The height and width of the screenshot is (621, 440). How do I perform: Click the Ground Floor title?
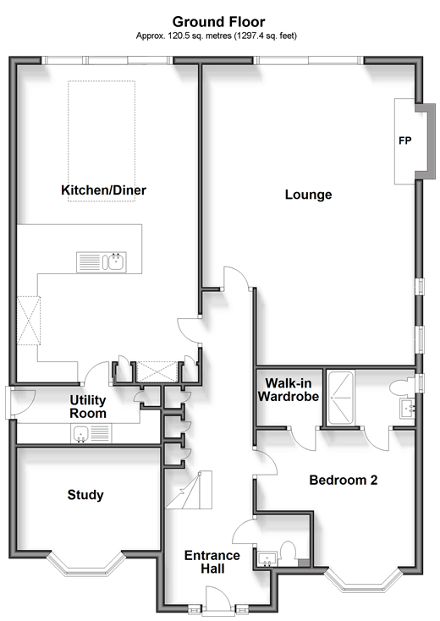point(218,21)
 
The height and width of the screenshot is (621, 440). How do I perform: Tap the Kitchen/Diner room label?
point(103,190)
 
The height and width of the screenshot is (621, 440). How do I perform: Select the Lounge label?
point(308,195)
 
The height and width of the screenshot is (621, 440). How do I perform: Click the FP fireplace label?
point(404,140)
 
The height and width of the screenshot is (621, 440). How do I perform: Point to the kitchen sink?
point(102,262)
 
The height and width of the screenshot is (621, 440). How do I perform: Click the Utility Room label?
point(88,407)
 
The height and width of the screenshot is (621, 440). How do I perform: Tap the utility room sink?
point(91,434)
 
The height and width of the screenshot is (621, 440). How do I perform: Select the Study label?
point(85,495)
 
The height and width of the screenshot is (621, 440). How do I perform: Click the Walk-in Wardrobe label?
point(289,390)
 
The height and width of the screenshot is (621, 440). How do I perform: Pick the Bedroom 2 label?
point(343,480)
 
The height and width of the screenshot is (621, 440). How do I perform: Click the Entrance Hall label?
point(212,562)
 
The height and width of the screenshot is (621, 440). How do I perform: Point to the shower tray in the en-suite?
point(341,398)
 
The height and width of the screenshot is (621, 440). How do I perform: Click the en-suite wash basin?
point(408,409)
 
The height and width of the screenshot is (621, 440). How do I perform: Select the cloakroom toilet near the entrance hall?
point(288,553)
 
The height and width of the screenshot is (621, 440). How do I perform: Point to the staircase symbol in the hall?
point(189,490)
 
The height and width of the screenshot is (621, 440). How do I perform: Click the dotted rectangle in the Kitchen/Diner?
point(102,141)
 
